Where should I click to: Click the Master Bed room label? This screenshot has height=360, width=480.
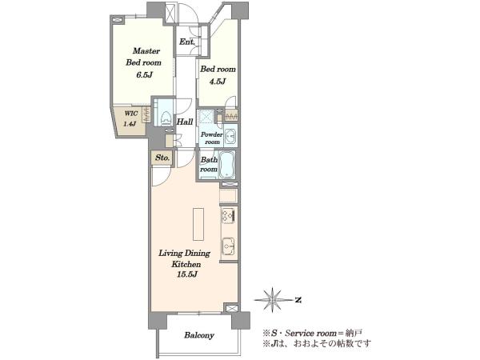[143, 57]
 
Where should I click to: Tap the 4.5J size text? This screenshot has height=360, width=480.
[218, 82]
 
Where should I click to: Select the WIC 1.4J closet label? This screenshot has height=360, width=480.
[130, 118]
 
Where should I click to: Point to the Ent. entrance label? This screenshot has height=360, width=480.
[186, 42]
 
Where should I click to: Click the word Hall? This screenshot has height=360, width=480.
[185, 122]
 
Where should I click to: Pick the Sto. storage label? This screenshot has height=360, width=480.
[162, 158]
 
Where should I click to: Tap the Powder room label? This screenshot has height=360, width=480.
[212, 138]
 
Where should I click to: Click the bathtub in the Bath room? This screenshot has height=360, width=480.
[227, 164]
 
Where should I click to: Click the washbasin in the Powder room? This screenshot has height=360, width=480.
[230, 136]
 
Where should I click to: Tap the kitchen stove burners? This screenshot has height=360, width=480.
[228, 215]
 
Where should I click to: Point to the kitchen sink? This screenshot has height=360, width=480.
[228, 246]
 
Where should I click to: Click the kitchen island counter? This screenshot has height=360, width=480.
[198, 224]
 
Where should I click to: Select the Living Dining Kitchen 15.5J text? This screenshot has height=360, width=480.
[184, 263]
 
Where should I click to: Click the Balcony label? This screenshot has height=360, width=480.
[199, 335]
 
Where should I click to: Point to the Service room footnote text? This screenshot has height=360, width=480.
[312, 333]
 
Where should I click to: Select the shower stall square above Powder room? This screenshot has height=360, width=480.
[207, 117]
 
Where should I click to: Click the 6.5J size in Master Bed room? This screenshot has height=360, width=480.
[144, 75]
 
